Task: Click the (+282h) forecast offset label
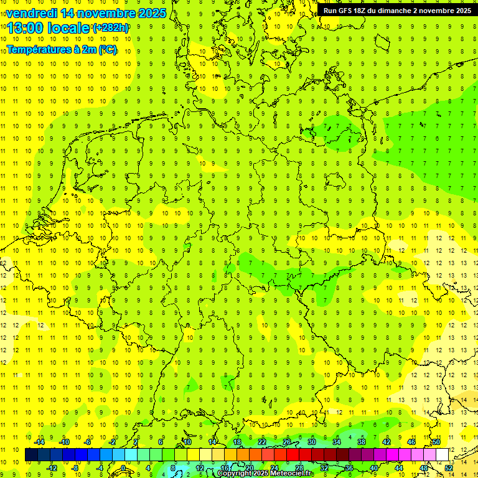111,28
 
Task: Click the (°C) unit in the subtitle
107,49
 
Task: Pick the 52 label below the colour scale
448,468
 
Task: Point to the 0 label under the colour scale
123,468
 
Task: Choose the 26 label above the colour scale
286,442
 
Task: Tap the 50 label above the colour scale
436,442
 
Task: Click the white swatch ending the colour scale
442,455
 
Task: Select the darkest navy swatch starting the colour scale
31,455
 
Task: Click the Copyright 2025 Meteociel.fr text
265,474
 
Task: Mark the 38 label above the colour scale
361,442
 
